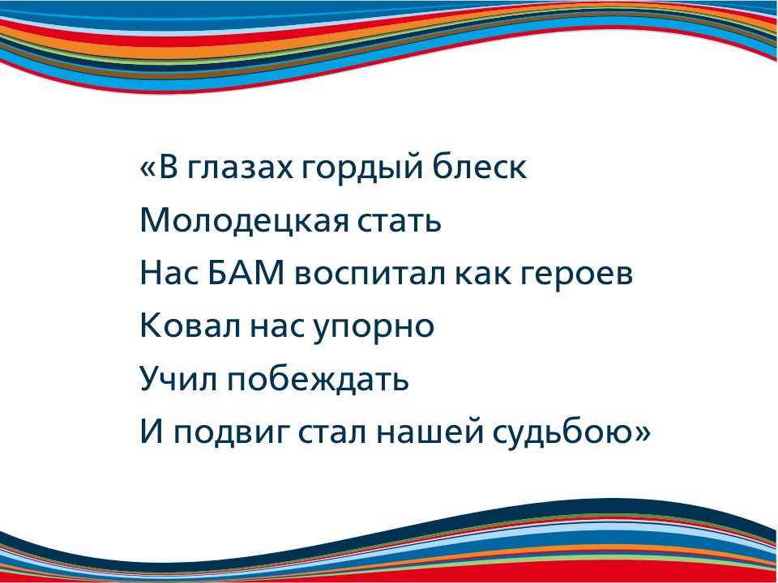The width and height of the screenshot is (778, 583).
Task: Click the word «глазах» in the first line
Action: tap(240, 168)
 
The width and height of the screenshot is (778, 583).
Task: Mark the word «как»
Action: tap(482, 274)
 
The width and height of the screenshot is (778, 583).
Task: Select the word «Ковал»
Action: tap(190, 326)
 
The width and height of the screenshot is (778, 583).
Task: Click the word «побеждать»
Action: tap(318, 378)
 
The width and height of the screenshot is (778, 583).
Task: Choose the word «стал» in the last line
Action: tap(332, 432)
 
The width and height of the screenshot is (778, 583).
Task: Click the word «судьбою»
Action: tap(562, 432)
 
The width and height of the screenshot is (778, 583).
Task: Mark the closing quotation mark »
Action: tap(642, 432)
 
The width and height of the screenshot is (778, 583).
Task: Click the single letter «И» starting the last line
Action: tap(152, 431)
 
